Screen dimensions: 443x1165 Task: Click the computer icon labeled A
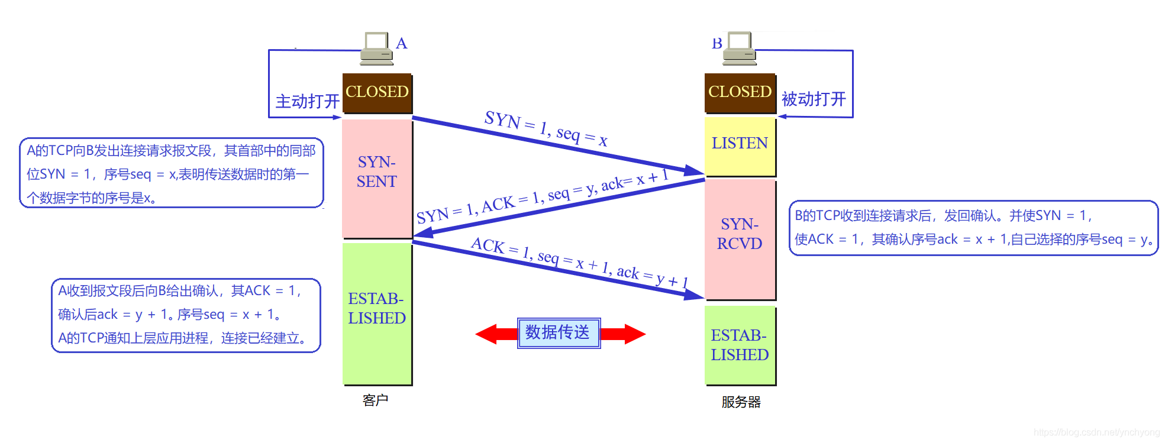[x=376, y=48]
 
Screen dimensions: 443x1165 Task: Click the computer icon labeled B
[x=740, y=48]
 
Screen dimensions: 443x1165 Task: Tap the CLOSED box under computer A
[x=377, y=93]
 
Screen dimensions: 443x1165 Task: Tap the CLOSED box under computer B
[x=740, y=93]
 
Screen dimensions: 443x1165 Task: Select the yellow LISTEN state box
[x=740, y=145]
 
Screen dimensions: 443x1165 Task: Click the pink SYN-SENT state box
[x=377, y=177]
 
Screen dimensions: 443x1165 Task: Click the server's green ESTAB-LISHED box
[x=740, y=345]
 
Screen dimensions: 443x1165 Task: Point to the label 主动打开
[x=307, y=102]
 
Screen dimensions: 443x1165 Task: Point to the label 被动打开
[x=814, y=99]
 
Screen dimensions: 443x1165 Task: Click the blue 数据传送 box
[x=558, y=332]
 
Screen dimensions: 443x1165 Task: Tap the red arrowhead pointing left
[x=489, y=334]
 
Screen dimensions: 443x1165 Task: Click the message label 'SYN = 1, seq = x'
[x=546, y=128]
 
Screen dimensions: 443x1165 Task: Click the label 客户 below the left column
[x=375, y=400]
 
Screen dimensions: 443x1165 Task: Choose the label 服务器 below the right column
[x=741, y=402]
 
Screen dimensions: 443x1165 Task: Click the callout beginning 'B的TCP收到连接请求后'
[x=973, y=228]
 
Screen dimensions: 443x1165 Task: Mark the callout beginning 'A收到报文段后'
[x=186, y=315]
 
